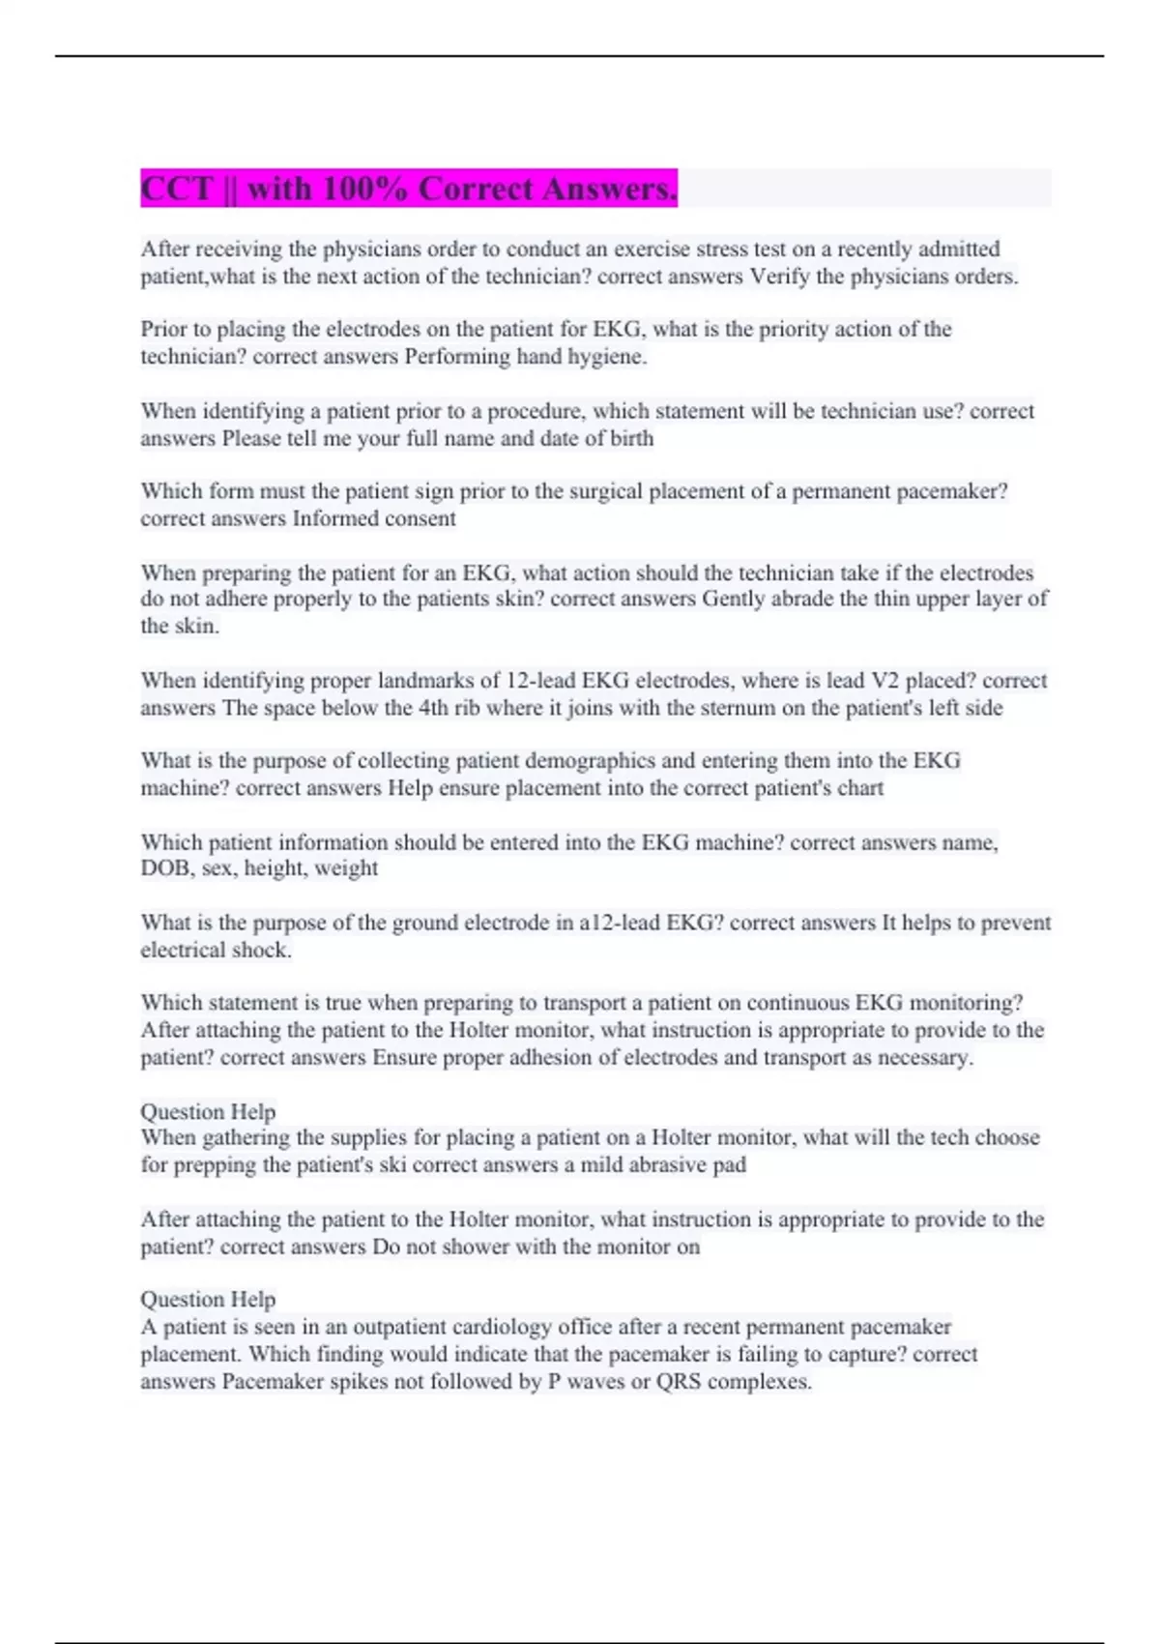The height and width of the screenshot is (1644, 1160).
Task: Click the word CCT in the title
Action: (176, 189)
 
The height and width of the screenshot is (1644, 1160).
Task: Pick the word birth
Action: (631, 439)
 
